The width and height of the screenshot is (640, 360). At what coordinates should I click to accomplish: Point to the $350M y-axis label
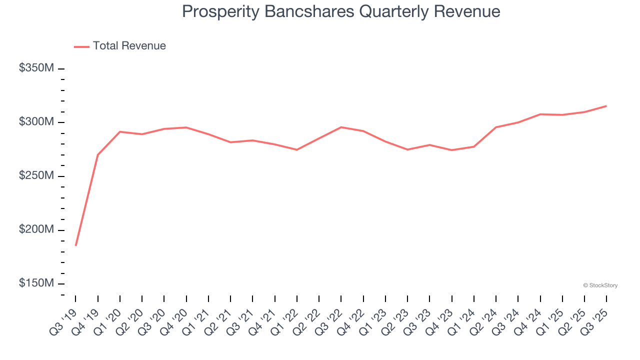[36, 68]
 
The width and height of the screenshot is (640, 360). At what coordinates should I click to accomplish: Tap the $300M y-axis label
[36, 122]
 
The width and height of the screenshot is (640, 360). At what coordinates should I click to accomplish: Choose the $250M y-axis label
[36, 176]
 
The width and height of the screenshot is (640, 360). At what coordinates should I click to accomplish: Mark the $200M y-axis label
[36, 230]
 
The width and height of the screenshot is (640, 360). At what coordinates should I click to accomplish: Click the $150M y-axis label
[36, 283]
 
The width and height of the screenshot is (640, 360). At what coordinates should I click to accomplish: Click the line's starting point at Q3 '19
[76, 245]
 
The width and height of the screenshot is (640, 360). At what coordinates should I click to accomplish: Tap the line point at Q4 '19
[98, 155]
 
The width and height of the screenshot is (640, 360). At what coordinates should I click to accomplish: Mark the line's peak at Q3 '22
[341, 127]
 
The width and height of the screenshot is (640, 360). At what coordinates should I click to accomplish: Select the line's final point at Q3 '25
[606, 106]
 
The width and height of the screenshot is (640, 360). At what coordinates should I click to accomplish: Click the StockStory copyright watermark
[600, 285]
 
